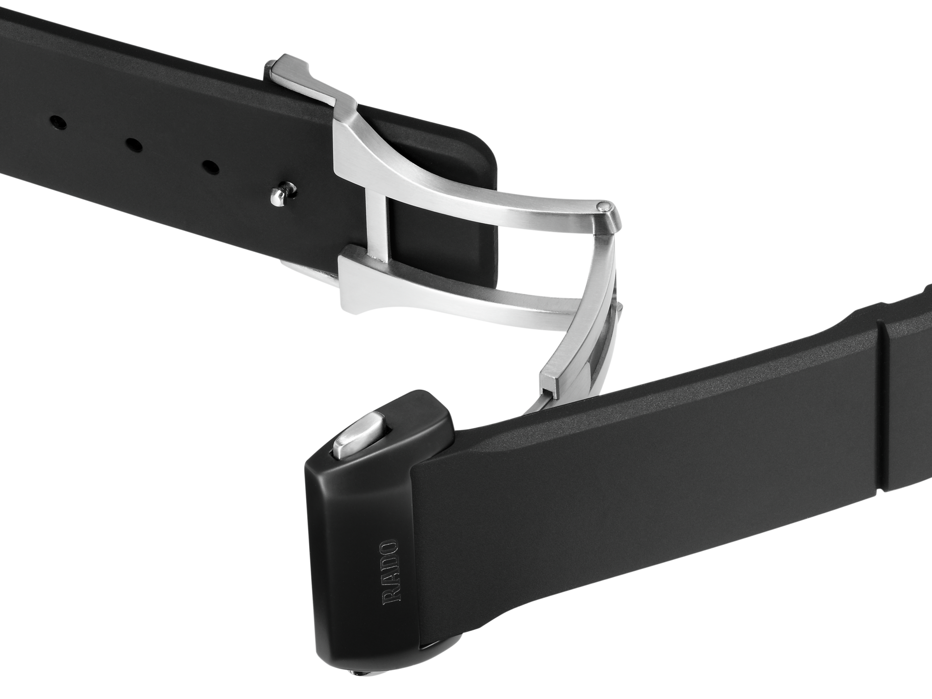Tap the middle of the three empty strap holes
tap(134, 144)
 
